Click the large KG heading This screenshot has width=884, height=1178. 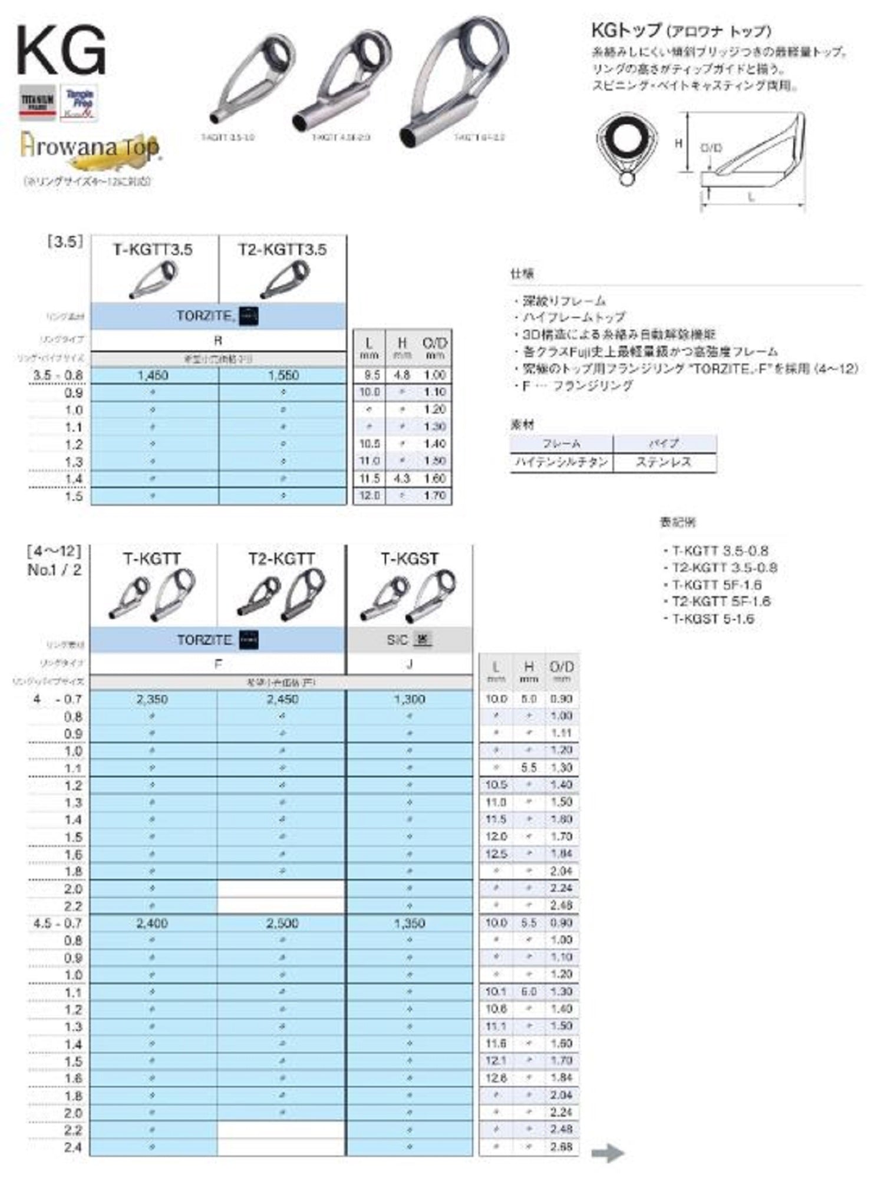[61, 51]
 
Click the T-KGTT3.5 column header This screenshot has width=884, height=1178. [153, 250]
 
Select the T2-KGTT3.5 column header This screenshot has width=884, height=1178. [282, 250]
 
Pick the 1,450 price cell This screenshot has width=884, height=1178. [153, 375]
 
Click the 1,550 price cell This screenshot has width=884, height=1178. [283, 375]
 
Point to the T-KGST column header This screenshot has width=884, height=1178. [410, 558]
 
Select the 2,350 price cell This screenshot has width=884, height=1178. [152, 699]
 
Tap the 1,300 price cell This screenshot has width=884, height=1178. [410, 699]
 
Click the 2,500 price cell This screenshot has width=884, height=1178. [282, 923]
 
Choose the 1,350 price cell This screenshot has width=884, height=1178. [410, 923]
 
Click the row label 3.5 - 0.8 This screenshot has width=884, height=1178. [58, 375]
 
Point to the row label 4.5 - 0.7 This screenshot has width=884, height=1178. [58, 923]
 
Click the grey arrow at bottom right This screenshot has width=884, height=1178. [607, 1153]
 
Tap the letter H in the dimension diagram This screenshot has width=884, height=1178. [678, 143]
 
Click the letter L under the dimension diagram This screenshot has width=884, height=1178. [751, 197]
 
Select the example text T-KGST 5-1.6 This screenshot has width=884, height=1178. [713, 618]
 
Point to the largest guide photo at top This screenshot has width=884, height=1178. [454, 82]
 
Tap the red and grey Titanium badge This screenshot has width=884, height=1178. [38, 102]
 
